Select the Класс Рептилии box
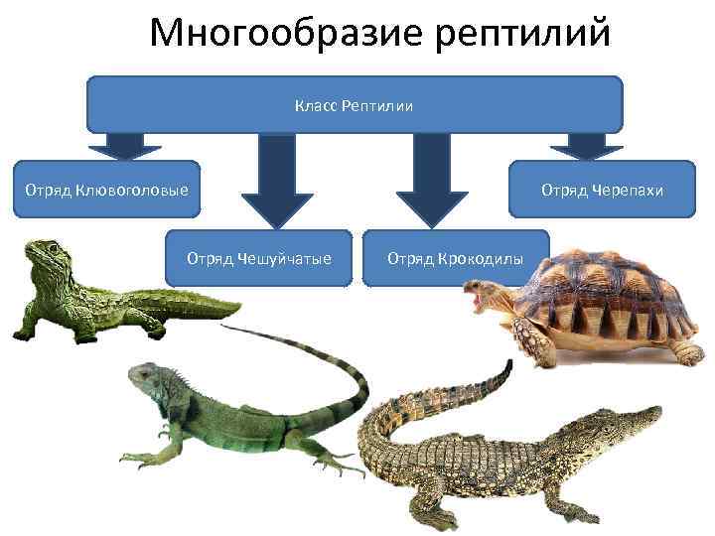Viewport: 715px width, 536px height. (x=355, y=104)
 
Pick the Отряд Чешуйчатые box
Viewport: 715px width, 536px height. (x=258, y=258)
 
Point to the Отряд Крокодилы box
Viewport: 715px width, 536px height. (x=454, y=258)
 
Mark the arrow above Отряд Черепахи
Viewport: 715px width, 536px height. (x=586, y=147)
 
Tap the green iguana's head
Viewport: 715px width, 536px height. (x=144, y=380)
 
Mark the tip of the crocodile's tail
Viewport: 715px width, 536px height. (x=510, y=364)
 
